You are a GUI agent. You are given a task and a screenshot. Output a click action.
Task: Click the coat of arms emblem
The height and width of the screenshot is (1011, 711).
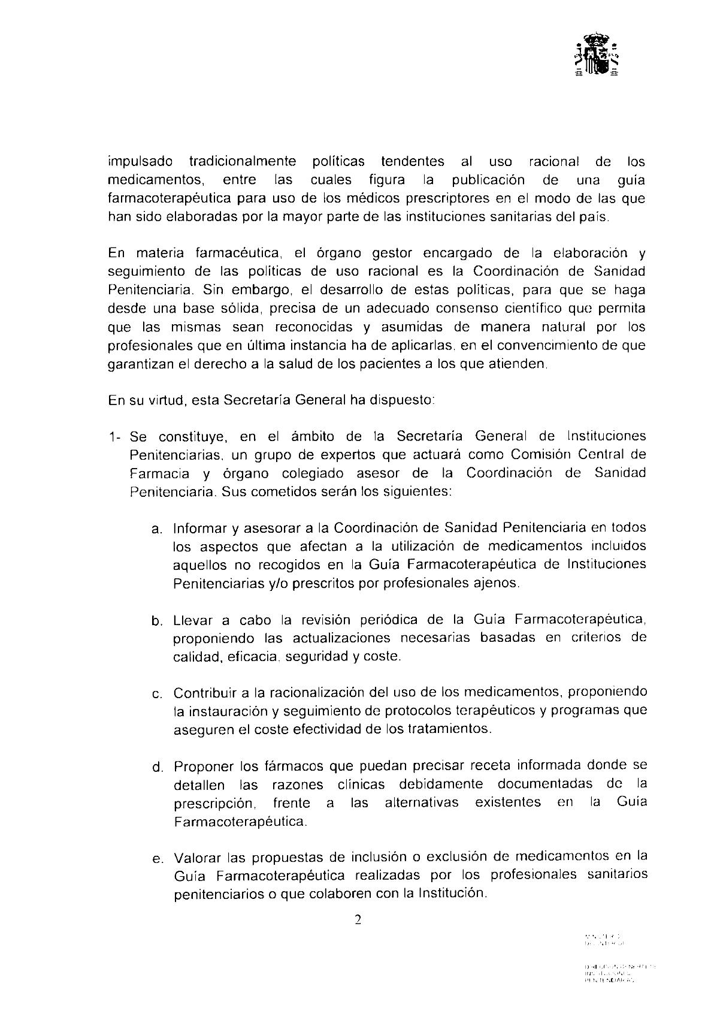pyautogui.click(x=597, y=58)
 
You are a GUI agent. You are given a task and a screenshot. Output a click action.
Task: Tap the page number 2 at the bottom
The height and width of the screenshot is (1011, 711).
pyautogui.click(x=358, y=920)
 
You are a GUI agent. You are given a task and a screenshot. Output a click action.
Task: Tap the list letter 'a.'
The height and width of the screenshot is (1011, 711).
pyautogui.click(x=158, y=529)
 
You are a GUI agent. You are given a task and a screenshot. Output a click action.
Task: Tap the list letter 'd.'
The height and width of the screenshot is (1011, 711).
pyautogui.click(x=158, y=767)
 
